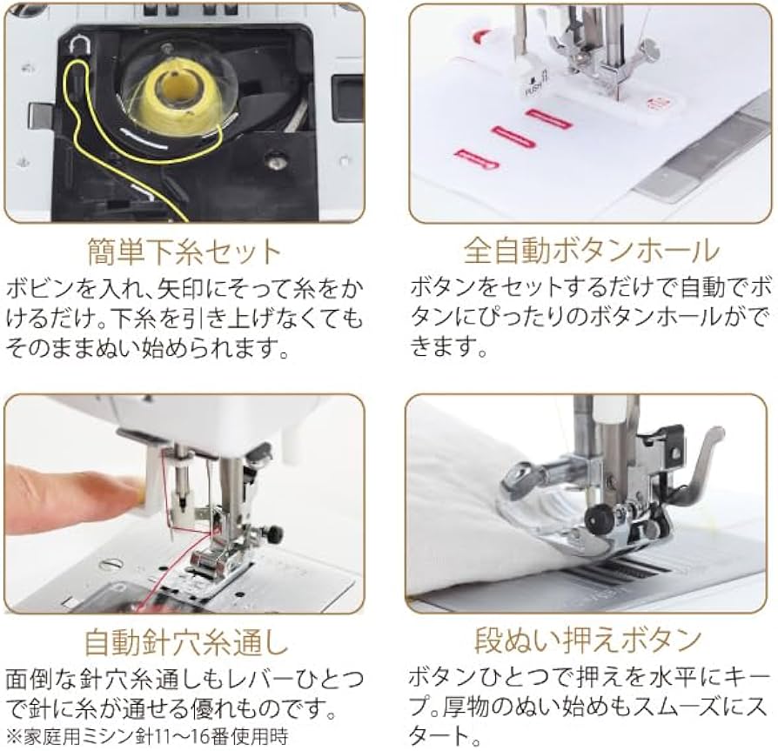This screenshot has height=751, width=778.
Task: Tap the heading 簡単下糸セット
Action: (184, 251)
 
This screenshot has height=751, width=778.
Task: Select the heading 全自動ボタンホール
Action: (591, 251)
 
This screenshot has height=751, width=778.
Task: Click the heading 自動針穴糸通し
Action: (184, 641)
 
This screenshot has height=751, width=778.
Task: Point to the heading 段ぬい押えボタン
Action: (588, 641)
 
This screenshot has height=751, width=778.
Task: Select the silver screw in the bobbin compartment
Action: (277, 159)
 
